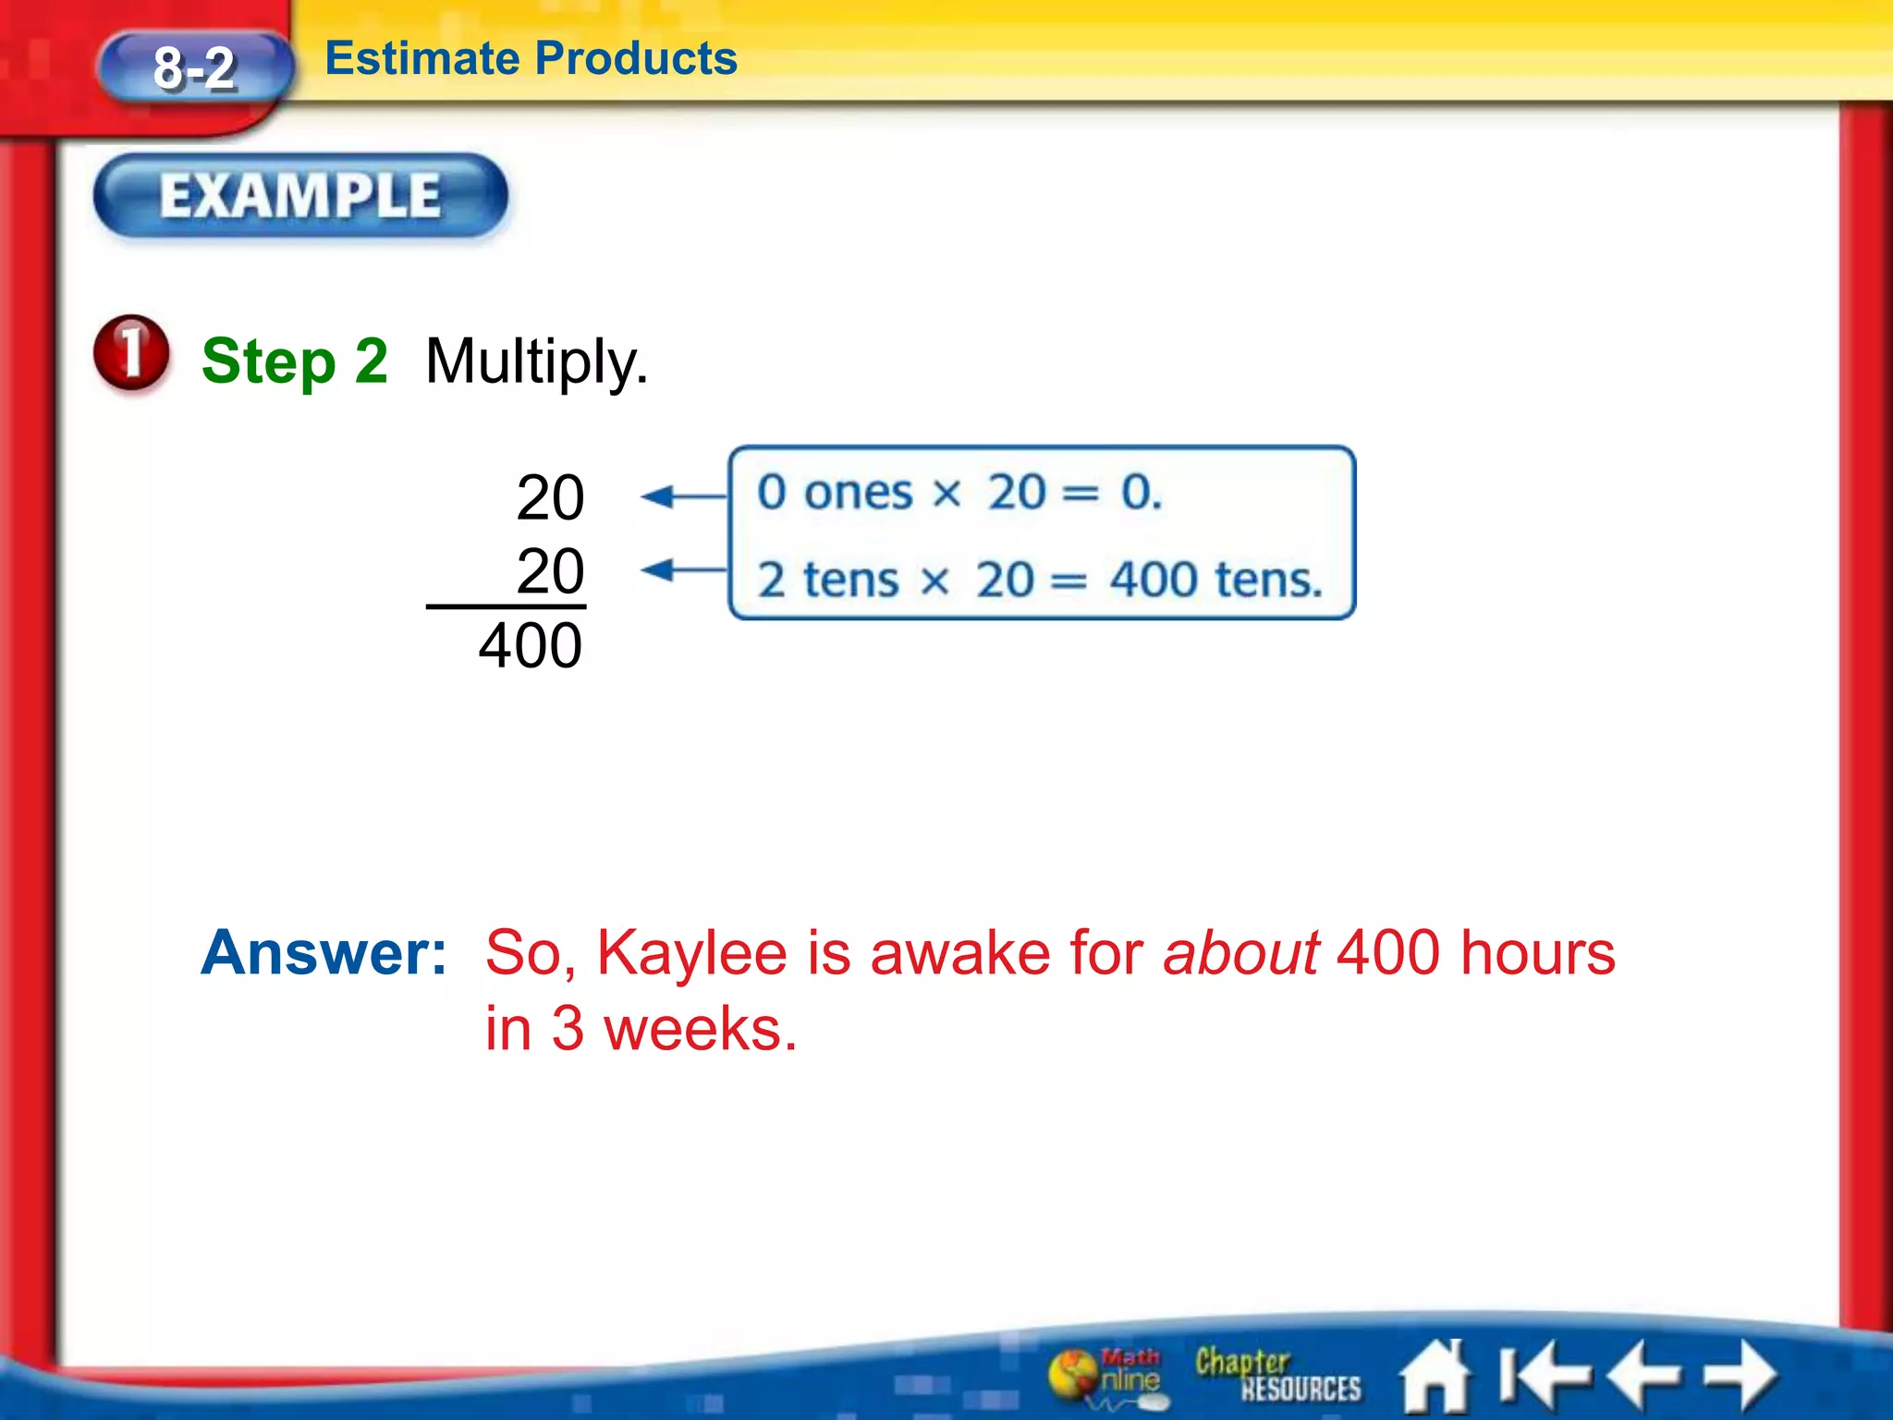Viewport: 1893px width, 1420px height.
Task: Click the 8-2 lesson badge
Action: click(x=195, y=67)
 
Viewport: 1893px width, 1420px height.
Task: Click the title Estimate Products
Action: click(x=531, y=58)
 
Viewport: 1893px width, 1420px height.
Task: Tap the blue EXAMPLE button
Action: click(x=300, y=196)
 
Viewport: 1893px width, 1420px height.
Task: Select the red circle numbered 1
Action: click(x=131, y=352)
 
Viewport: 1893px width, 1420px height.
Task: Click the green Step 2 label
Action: click(x=294, y=361)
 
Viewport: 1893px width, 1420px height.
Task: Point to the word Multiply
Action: click(x=536, y=362)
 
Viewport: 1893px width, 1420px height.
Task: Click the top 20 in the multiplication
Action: click(x=550, y=497)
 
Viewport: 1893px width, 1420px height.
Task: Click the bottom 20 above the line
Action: click(x=550, y=570)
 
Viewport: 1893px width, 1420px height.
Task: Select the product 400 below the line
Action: click(x=531, y=645)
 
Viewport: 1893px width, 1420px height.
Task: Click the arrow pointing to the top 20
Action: click(x=682, y=496)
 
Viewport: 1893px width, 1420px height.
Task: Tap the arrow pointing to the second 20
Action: click(x=682, y=569)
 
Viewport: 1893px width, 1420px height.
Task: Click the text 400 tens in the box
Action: click(x=1215, y=581)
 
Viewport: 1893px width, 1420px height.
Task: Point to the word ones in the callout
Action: click(x=858, y=492)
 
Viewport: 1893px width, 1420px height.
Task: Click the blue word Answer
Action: click(x=324, y=952)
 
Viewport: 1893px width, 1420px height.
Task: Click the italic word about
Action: click(x=1240, y=952)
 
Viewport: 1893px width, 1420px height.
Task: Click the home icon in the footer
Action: click(x=1435, y=1377)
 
